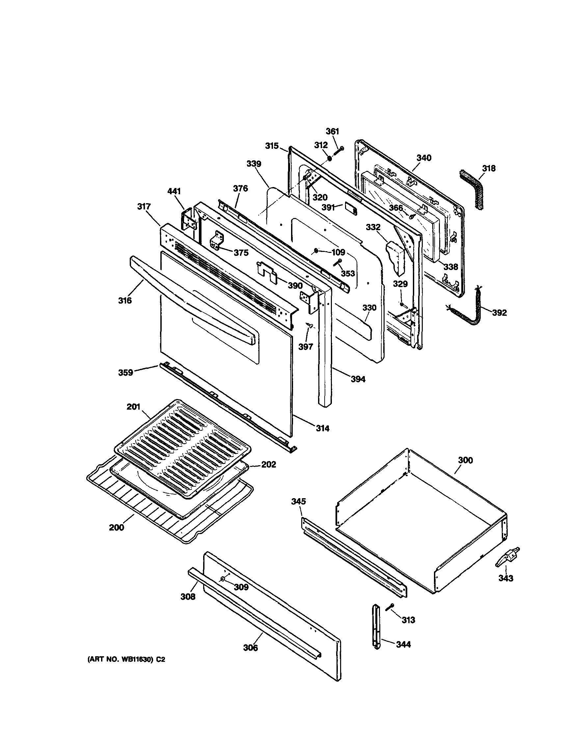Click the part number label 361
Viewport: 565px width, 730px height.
coord(332,131)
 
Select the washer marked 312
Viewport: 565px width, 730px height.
coord(330,158)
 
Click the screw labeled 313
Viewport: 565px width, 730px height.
coord(390,607)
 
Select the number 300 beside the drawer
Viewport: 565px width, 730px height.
coord(465,460)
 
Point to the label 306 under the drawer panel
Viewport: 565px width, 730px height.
coord(251,648)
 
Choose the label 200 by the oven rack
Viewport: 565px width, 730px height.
coord(116,527)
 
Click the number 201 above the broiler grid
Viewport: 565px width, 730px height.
coord(133,407)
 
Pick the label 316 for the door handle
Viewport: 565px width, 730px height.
coord(125,301)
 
